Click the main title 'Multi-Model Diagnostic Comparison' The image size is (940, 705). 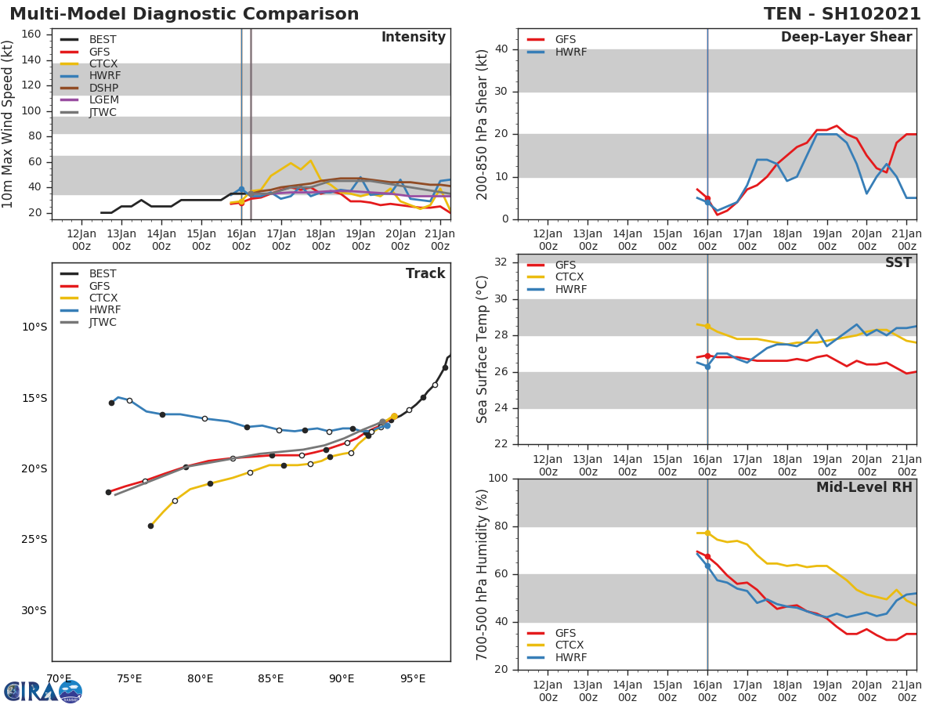click(x=184, y=14)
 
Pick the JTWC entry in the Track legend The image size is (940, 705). click(x=103, y=322)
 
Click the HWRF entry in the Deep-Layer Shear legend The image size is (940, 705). click(x=570, y=52)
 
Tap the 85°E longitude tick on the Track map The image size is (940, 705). click(x=271, y=678)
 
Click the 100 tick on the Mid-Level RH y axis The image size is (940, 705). click(x=496, y=479)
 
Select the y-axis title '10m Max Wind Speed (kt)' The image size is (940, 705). click(x=9, y=124)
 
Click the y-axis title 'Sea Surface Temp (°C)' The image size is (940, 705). click(x=483, y=349)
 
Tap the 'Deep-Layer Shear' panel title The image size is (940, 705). click(x=846, y=38)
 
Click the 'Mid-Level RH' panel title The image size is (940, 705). click(x=864, y=487)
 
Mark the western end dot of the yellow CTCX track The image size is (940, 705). click(x=150, y=526)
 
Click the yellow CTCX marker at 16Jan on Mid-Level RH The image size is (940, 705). click(x=707, y=533)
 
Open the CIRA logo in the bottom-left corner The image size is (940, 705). click(x=42, y=691)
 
